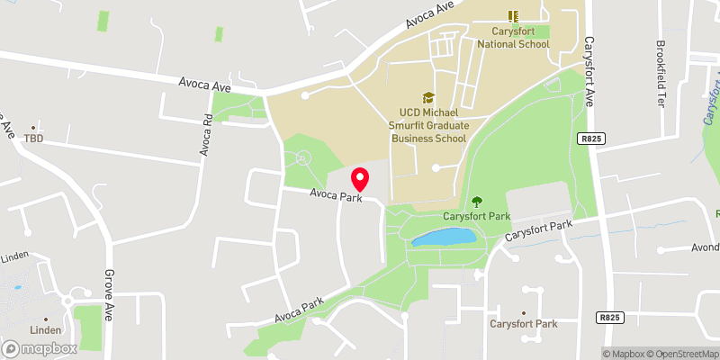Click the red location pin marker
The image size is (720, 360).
coord(361,178)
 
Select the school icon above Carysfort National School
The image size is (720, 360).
coord(513,15)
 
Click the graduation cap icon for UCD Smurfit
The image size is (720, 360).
coord(428,97)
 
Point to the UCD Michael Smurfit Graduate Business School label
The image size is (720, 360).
coord(427,125)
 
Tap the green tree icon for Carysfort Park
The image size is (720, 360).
coord(477,201)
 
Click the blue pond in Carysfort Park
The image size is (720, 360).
coord(442,238)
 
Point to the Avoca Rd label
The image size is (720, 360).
coord(206,136)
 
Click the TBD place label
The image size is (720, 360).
coord(34,139)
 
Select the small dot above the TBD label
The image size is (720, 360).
coord(34,128)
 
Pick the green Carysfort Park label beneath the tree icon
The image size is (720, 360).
coord(477,217)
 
